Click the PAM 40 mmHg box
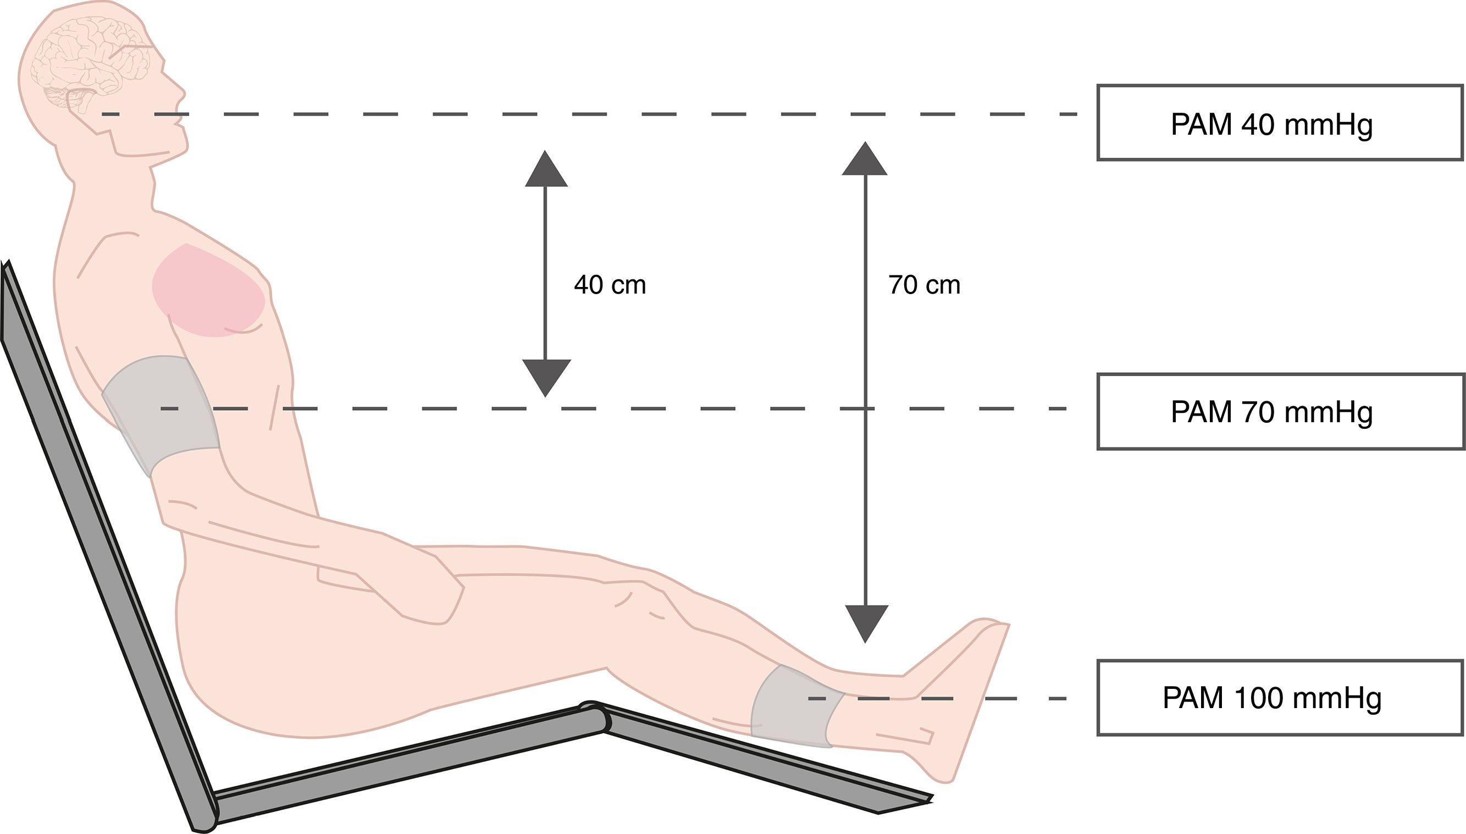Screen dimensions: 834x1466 point(1279,123)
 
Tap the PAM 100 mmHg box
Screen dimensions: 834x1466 point(1279,698)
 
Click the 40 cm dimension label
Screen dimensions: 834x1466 point(610,285)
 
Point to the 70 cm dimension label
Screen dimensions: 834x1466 point(924,285)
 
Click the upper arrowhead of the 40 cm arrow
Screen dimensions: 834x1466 point(546,170)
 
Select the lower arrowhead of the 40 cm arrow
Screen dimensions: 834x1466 point(546,377)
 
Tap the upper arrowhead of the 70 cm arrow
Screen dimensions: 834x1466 point(865,160)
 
